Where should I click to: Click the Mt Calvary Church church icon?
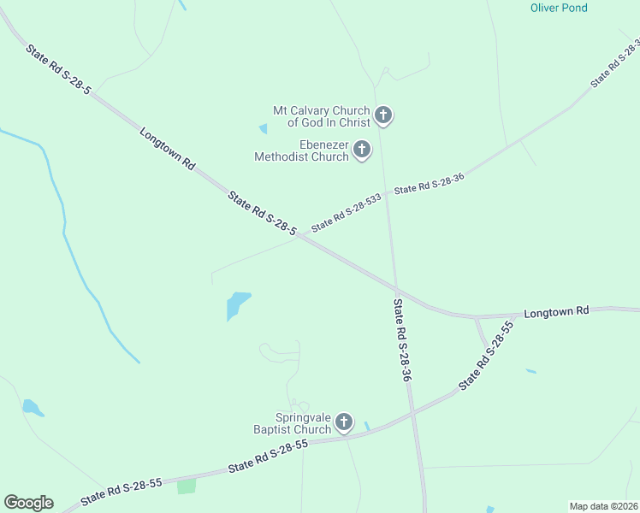coord(383,115)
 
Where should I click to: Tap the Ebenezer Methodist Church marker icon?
coord(362,150)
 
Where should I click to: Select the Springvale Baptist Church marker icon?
coord(344,422)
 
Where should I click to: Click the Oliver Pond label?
coord(559,8)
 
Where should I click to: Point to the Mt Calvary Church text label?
coord(321,117)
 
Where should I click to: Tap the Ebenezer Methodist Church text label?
coord(301,151)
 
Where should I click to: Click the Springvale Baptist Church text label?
coord(291,423)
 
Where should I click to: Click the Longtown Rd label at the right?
coord(557,313)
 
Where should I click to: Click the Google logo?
coord(28,503)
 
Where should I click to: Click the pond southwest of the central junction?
coord(236,304)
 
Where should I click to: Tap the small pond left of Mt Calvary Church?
coord(263,129)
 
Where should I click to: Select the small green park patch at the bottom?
coord(186,486)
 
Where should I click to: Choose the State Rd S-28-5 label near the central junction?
coord(262,214)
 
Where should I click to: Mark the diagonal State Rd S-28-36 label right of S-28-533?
coord(429,184)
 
